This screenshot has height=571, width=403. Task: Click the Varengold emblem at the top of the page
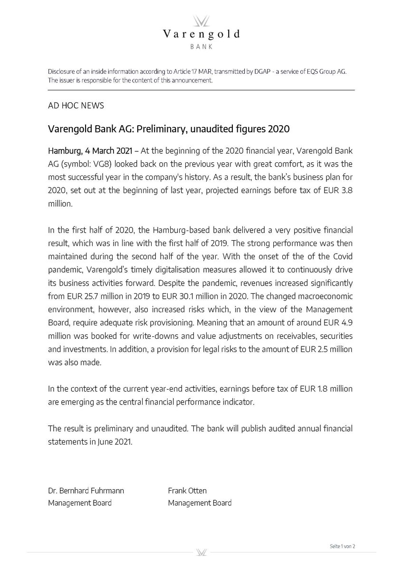pos(201,21)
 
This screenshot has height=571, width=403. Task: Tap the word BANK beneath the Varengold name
pos(201,47)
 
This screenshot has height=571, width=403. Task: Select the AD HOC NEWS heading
pos(76,105)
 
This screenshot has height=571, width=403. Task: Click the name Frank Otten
pos(187,491)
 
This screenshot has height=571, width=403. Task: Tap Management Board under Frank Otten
pos(200,502)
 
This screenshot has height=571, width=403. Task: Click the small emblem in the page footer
pos(201,552)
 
